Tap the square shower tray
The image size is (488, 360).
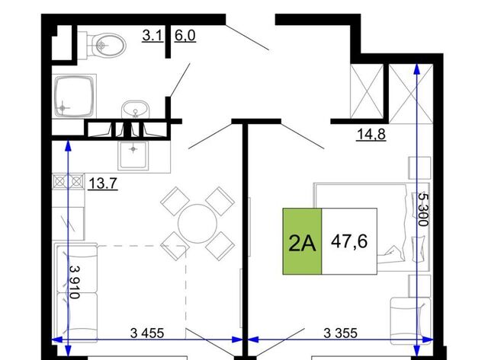pyautogui.click(x=75, y=97)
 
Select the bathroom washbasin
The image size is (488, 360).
pyautogui.click(x=135, y=110)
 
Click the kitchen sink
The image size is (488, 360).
pyautogui.click(x=133, y=155)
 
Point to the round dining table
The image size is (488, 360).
pyautogui.click(x=197, y=223)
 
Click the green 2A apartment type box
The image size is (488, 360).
pyautogui.click(x=302, y=241)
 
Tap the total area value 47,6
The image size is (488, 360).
pyautogui.click(x=349, y=241)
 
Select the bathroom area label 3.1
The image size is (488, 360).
pyautogui.click(x=152, y=36)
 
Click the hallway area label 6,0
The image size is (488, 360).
pyautogui.click(x=185, y=36)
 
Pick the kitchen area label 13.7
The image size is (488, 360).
pyautogui.click(x=103, y=183)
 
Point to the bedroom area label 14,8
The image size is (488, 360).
pyautogui.click(x=371, y=134)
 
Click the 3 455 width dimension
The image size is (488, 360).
pyautogui.click(x=147, y=333)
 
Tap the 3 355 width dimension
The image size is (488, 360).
pyautogui.click(x=341, y=333)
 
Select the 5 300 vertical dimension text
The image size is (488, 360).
pyautogui.click(x=423, y=209)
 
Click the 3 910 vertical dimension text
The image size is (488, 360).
pyautogui.click(x=74, y=282)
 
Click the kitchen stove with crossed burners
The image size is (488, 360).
pyautogui.click(x=68, y=181)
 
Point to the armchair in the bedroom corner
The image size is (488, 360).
pyautogui.click(x=410, y=320)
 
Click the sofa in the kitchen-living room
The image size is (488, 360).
pyautogui.click(x=76, y=292)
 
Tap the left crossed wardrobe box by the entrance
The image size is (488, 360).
pyautogui.click(x=367, y=91)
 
